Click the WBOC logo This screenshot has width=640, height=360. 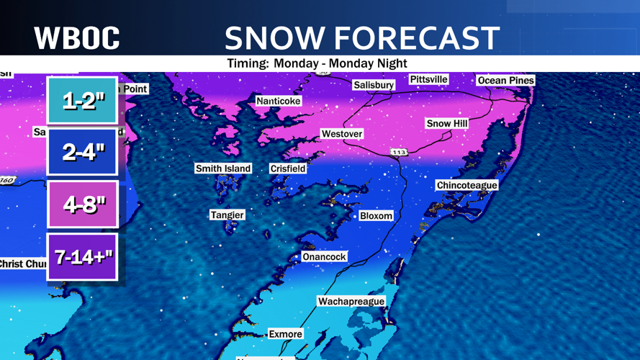[x=77, y=37]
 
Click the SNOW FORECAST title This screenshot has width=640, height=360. [x=361, y=37]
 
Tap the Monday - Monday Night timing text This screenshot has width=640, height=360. [x=317, y=63]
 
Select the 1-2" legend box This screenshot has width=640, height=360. [x=82, y=101]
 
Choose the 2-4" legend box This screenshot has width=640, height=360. [x=82, y=152]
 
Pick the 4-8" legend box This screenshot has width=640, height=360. [x=82, y=204]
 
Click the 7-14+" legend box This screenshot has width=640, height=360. [x=82, y=256]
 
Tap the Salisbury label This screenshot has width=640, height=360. [x=374, y=85]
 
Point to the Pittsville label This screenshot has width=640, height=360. [x=428, y=79]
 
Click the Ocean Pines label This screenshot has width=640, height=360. [x=505, y=80]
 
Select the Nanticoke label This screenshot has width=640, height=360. [x=278, y=101]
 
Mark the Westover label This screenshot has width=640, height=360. [x=341, y=134]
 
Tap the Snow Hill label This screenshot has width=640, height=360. [x=447, y=123]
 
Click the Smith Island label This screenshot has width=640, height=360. [x=223, y=168]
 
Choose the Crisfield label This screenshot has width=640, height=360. [x=287, y=168]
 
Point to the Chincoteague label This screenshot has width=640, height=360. [x=467, y=185]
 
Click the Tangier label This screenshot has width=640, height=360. [x=227, y=215]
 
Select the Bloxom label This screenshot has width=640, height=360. [x=376, y=215]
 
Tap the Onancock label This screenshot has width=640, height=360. [x=324, y=256]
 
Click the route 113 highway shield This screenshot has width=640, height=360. [x=399, y=153]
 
